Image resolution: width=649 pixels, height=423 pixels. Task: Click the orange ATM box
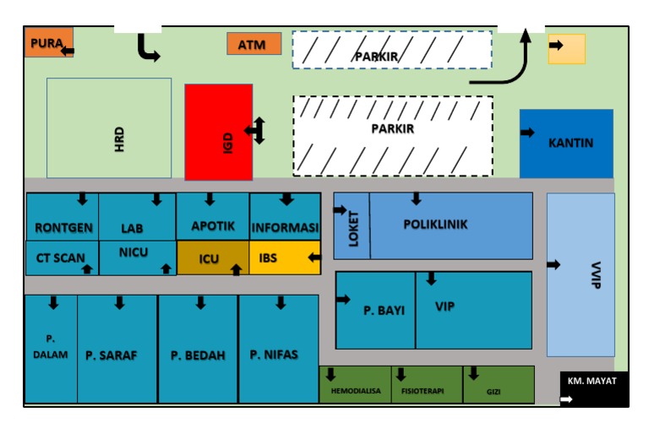click(254, 44)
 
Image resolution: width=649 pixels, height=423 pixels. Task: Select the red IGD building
click(219, 132)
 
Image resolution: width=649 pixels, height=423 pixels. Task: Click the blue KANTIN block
click(566, 143)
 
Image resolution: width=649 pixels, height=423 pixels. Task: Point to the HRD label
click(119, 139)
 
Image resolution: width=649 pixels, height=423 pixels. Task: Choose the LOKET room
click(352, 225)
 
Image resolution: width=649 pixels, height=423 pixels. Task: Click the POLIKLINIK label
click(435, 225)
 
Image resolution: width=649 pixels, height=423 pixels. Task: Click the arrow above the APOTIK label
click(210, 200)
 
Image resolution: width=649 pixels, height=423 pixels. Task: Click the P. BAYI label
click(384, 310)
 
